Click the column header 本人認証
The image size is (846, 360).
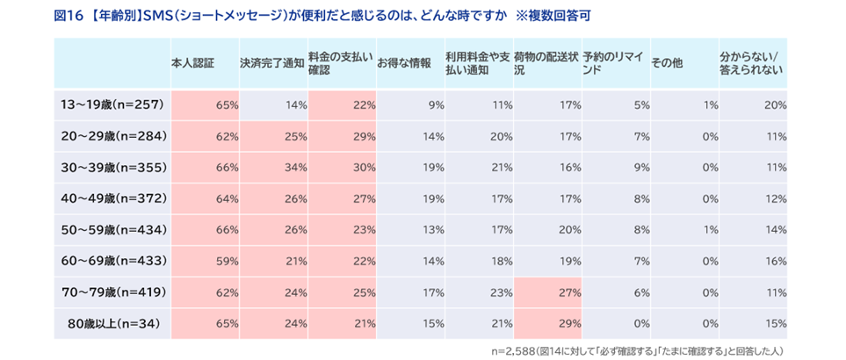[x=193, y=63]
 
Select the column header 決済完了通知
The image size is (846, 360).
[x=271, y=63]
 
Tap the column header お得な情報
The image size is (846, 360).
[x=404, y=63]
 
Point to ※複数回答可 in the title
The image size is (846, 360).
[x=570, y=15]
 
